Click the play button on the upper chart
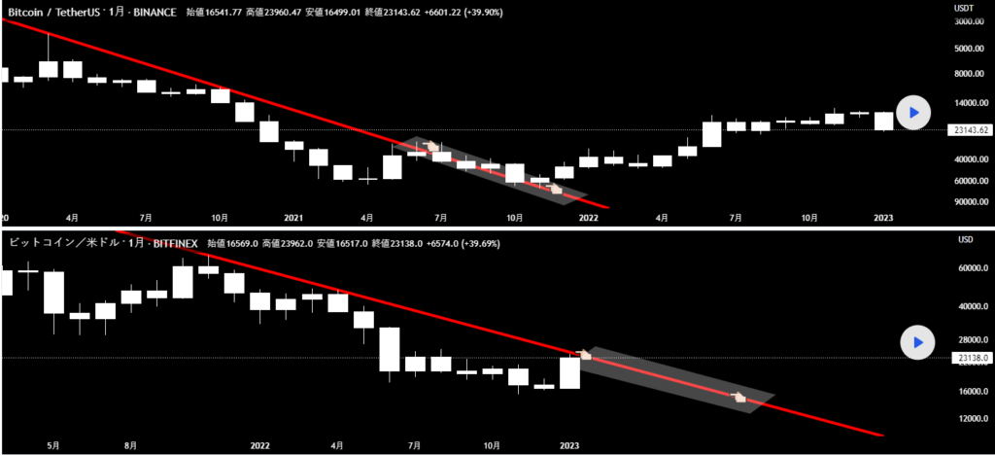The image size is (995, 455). tap(912, 112)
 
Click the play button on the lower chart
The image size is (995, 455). tap(917, 342)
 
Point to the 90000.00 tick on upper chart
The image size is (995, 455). tap(970, 202)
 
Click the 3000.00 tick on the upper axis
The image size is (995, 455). tap(970, 20)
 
